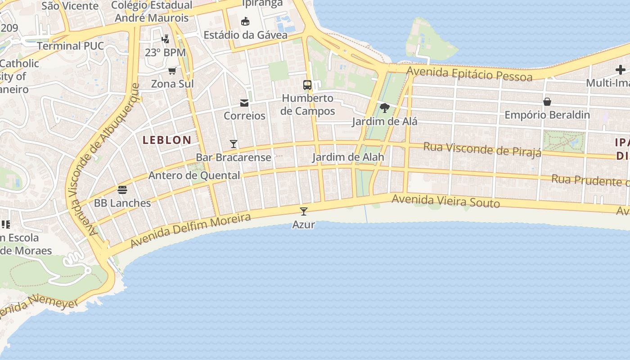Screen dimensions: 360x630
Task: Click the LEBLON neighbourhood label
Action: click(x=167, y=140)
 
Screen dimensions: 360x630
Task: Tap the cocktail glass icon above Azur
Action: click(x=304, y=211)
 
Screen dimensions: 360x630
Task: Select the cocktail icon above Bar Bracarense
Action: click(x=234, y=144)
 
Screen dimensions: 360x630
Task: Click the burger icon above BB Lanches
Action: click(x=122, y=189)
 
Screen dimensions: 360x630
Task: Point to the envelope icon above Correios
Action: click(x=244, y=103)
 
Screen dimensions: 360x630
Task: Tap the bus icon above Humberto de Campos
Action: click(x=307, y=85)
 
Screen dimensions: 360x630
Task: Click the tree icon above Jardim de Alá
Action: click(x=384, y=108)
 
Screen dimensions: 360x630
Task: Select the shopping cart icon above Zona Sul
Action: click(x=172, y=71)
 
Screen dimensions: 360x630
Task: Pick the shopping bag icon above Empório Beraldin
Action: click(x=547, y=102)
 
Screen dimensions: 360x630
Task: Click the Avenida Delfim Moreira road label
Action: click(x=190, y=230)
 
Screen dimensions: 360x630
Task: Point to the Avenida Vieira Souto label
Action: click(x=445, y=201)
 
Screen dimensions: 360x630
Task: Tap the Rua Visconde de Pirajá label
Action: click(x=482, y=149)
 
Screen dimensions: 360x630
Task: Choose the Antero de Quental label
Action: click(x=194, y=175)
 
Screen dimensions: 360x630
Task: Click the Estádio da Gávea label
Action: click(x=245, y=35)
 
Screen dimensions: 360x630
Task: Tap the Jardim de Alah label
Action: click(x=348, y=157)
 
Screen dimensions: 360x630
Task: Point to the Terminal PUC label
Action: click(x=70, y=46)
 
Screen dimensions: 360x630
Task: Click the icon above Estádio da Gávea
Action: click(x=245, y=22)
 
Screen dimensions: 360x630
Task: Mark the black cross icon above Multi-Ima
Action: click(x=621, y=70)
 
